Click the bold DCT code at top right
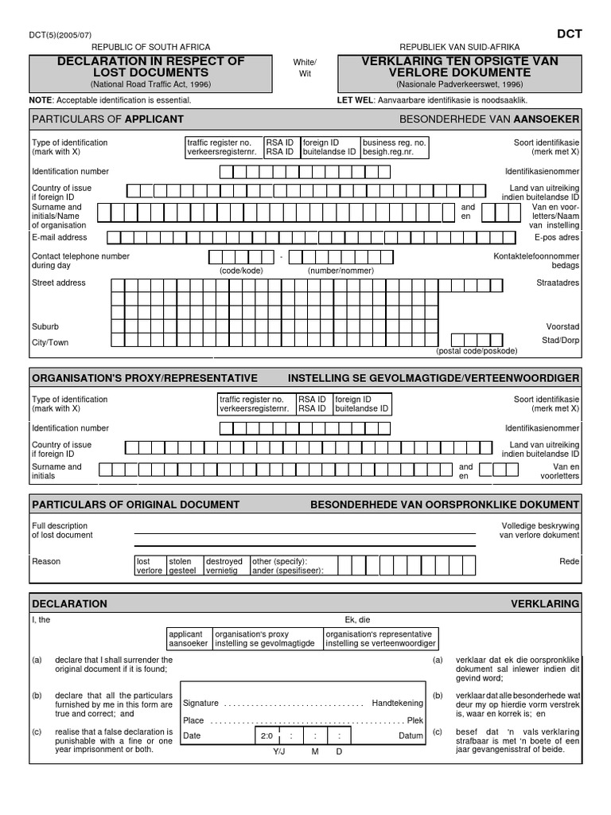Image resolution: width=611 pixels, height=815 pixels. pos(569,34)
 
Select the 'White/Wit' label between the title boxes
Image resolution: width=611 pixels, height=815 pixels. pos(305,68)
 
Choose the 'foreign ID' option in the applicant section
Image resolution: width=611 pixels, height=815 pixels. pos(329,147)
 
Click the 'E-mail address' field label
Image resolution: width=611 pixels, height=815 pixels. pos(60,237)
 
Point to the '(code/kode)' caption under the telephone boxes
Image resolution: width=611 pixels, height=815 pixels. pos(241,271)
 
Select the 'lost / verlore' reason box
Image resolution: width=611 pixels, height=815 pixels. pos(150,566)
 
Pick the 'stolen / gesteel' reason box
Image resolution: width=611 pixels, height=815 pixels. pos(184,566)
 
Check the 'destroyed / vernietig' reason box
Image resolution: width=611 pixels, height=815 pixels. pos(225,566)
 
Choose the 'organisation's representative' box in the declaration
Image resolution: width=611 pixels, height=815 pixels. pos(380,638)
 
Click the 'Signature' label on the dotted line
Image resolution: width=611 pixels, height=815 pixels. pos(200,704)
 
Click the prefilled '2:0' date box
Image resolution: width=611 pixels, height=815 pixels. pos(267,736)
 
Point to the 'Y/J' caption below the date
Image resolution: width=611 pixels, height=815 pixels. pos(278,752)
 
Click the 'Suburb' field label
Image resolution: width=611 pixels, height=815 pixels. pos(45,326)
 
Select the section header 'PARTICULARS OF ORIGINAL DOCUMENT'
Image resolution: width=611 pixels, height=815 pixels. pos(135,505)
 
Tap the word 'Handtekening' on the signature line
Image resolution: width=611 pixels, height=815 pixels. pos(397,704)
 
